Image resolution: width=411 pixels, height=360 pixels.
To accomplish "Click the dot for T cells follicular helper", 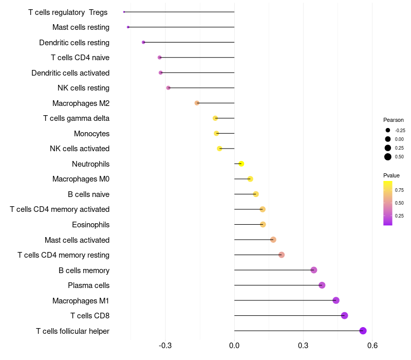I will click(x=363, y=331).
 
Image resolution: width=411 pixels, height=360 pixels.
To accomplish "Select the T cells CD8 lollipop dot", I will click(x=344, y=315).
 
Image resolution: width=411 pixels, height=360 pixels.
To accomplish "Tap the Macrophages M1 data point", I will click(x=336, y=300).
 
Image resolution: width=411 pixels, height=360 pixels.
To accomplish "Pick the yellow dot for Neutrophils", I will click(x=241, y=164).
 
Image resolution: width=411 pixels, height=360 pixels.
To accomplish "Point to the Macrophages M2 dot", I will click(x=197, y=103).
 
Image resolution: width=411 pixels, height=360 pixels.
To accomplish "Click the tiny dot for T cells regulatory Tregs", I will click(x=124, y=12).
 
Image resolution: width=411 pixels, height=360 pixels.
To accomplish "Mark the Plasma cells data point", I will click(x=322, y=285).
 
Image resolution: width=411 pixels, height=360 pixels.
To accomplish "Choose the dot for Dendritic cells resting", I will click(x=143, y=42).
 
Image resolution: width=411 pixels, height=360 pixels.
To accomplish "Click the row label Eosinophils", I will click(x=91, y=225).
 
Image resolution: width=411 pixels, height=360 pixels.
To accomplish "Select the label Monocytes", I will click(x=91, y=134).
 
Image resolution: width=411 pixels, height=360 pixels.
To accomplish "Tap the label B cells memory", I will click(x=84, y=270).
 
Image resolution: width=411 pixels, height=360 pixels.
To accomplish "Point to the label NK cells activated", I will click(x=80, y=149).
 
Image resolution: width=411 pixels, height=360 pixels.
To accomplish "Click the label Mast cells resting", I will click(x=81, y=27).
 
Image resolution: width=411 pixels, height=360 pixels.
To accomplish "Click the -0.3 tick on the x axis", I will click(x=165, y=346).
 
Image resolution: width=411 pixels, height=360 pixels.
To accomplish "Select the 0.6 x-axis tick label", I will click(x=372, y=346).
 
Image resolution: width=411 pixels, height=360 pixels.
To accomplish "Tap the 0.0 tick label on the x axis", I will click(x=234, y=346).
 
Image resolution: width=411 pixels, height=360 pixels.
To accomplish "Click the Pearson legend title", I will click(x=394, y=120).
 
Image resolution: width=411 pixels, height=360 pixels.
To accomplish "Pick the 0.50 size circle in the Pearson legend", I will click(x=388, y=157).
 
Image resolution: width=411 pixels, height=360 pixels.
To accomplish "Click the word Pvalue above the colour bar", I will click(x=391, y=175).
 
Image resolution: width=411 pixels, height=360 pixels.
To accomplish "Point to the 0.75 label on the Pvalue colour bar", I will click(x=399, y=190).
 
